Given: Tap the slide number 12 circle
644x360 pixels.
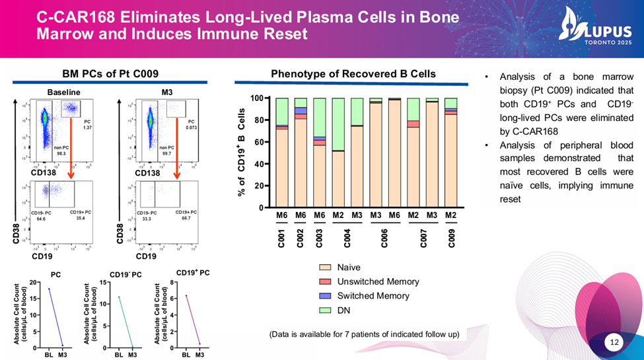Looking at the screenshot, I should click(x=615, y=342).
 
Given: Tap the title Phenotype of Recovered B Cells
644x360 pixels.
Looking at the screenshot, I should click(x=353, y=74).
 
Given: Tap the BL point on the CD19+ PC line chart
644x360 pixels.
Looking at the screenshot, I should click(x=186, y=295).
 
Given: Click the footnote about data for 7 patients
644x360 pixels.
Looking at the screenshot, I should click(x=364, y=334).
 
